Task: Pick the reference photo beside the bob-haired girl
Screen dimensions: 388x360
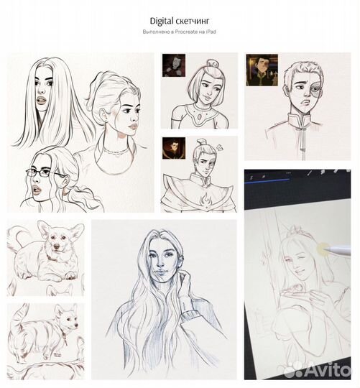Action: click(x=173, y=65)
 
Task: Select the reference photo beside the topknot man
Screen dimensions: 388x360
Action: click(x=173, y=148)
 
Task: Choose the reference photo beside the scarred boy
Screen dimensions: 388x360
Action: click(x=262, y=70)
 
